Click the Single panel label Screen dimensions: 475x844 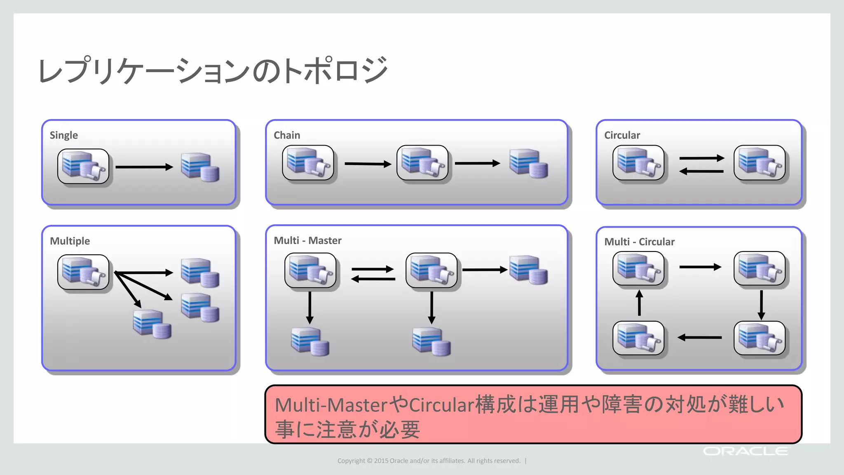63,135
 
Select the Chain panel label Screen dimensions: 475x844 286,135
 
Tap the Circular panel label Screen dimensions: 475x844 621,135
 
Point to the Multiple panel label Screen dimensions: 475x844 70,241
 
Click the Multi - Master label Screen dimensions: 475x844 307,240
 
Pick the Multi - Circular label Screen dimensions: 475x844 639,242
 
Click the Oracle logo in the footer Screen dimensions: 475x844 745,451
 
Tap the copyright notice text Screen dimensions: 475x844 429,461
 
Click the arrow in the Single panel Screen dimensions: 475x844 144,167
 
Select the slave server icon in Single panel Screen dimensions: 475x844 200,167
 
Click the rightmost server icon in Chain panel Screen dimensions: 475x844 528,164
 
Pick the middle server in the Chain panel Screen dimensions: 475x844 422,163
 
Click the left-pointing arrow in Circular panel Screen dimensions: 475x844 701,172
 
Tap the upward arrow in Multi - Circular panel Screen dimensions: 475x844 639,303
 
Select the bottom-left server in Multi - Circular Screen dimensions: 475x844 638,338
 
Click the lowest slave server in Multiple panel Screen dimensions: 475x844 152,324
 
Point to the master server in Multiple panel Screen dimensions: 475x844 83,272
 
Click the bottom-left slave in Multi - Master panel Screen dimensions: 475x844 310,341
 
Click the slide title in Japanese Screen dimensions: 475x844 213,71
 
